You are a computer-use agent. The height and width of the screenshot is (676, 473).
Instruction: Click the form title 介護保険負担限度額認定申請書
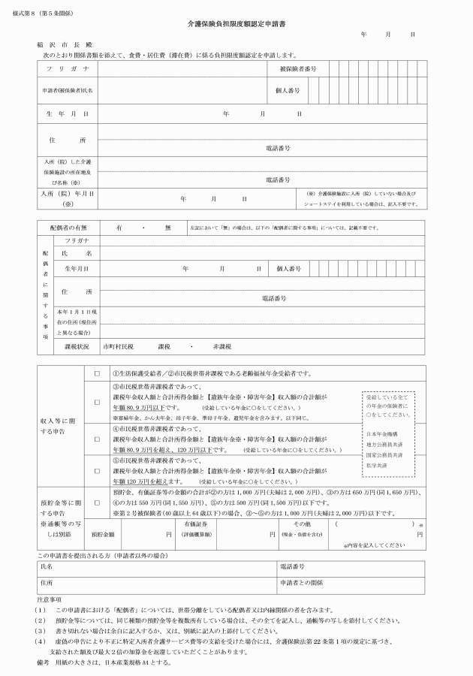coord(236,25)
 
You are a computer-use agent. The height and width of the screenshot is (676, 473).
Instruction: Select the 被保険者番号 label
coord(298,68)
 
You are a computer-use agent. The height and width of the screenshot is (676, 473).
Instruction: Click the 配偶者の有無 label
coord(68,226)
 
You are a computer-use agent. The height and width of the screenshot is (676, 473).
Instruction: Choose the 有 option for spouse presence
coord(119,226)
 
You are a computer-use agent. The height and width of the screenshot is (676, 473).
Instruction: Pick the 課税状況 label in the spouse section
coord(77,347)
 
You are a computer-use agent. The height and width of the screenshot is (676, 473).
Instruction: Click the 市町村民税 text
coord(118,347)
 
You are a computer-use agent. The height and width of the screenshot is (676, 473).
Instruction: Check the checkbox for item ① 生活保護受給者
coord(96,373)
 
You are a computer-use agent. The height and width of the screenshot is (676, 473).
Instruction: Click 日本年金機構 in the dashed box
coord(381,434)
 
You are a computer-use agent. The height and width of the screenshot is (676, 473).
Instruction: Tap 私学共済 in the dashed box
coord(377,466)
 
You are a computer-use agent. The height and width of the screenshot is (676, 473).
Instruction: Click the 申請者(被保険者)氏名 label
coord(68,90)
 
